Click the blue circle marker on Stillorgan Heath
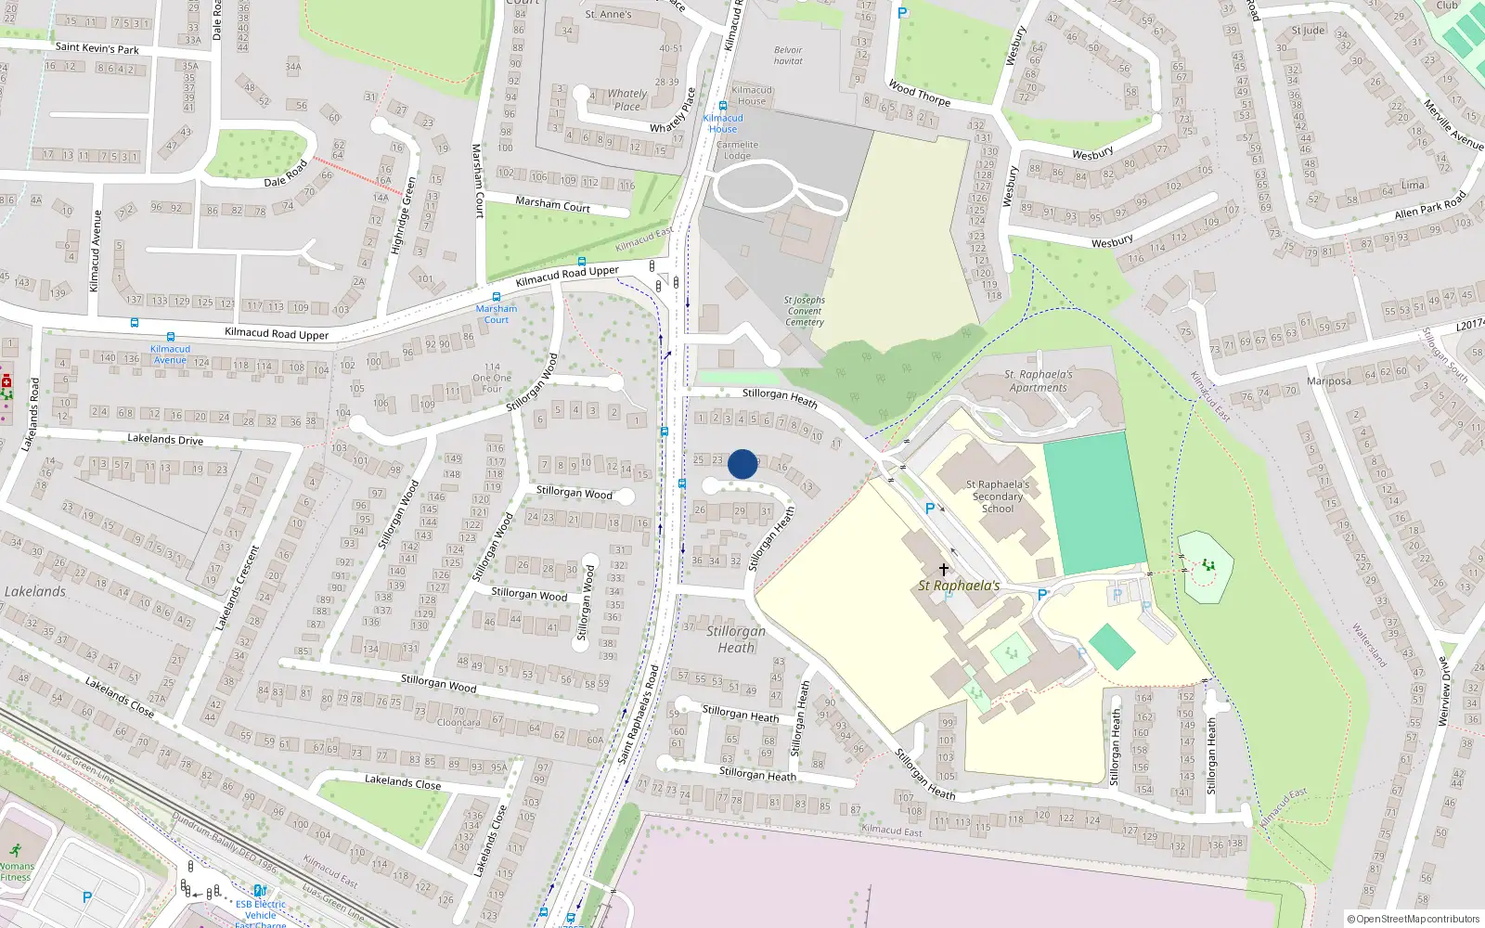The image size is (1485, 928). click(x=742, y=464)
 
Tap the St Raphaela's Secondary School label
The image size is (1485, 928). click(x=998, y=496)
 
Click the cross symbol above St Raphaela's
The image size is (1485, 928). click(x=944, y=569)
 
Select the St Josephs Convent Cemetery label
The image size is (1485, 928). click(x=804, y=311)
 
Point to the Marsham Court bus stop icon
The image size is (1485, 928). click(x=497, y=298)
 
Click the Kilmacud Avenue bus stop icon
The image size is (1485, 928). click(x=170, y=337)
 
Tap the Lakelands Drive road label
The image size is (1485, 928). click(x=165, y=439)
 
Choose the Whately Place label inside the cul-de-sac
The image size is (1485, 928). click(x=627, y=99)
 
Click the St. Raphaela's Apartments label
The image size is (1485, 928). click(x=1039, y=381)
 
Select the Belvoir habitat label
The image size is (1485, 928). click(x=788, y=56)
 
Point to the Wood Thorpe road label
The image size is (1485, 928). click(x=919, y=94)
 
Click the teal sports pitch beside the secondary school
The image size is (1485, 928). click(x=1095, y=503)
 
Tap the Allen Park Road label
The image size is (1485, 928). click(x=1430, y=206)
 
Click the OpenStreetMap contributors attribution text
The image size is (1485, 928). click(x=1414, y=919)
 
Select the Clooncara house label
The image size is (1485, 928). click(x=458, y=722)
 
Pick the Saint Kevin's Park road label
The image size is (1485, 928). click(x=97, y=48)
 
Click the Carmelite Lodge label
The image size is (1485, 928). click(x=737, y=150)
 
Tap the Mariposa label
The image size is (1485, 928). click(x=1328, y=380)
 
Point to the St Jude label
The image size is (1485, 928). click(x=1309, y=31)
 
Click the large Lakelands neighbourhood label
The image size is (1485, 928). click(x=35, y=591)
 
